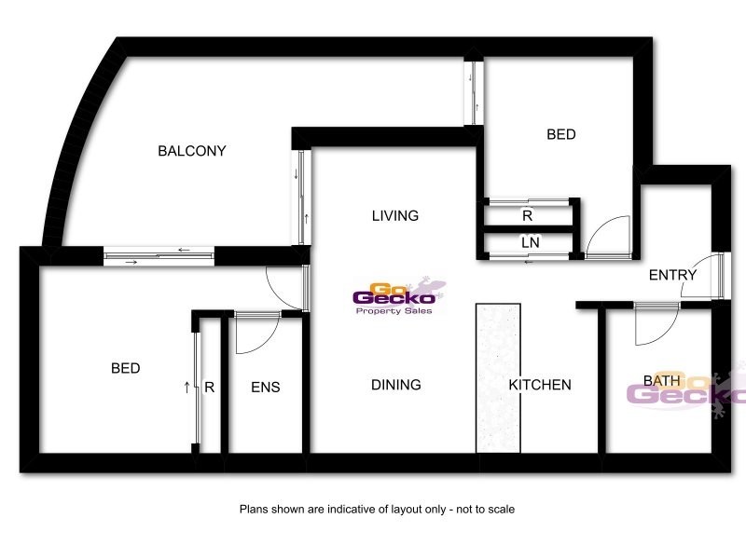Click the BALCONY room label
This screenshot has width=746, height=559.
coord(192,151)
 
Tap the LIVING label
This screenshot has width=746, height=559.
coord(395,216)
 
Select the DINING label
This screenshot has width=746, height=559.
coord(396,385)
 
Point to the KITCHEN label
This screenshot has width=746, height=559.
coord(540,385)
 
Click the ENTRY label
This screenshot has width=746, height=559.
coord(672,275)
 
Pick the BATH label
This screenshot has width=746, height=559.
coord(661,381)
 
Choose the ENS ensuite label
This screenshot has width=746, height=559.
coord(266,388)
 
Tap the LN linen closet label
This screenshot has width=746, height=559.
coord(531,242)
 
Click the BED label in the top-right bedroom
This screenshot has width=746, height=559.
coord(561,135)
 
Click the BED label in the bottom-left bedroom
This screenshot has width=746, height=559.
coord(126,369)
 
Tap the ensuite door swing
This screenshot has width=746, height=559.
coord(256,334)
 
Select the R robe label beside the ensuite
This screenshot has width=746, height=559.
coord(210,388)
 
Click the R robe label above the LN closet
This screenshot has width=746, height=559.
coord(528,215)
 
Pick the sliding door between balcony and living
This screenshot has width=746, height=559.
coord(303,198)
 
